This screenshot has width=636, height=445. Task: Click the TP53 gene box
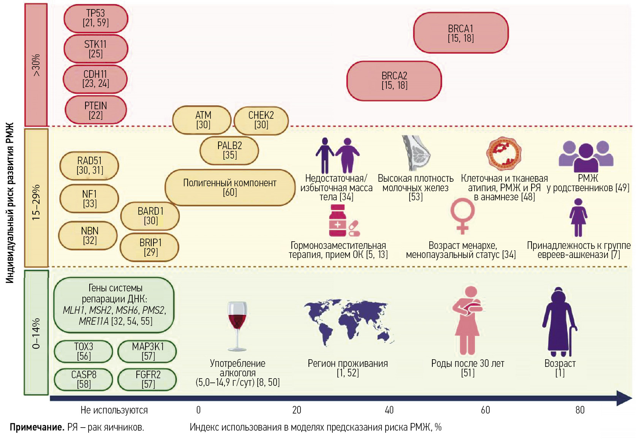96,18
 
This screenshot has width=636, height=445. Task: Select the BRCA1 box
460,33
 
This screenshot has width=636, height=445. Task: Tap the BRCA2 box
394,80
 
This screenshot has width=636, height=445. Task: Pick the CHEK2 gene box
261,120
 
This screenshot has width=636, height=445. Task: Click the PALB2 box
229,150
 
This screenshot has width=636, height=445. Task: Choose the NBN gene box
89,236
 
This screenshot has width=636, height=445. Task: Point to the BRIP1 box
150,247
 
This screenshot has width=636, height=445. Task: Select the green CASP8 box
84,379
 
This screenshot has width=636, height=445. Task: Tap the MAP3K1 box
147,351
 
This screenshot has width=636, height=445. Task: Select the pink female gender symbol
462,215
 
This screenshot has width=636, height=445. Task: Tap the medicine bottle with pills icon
343,221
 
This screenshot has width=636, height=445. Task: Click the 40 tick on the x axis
389,410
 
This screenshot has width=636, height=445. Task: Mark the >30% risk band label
36,65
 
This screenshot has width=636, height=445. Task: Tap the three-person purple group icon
586,156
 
